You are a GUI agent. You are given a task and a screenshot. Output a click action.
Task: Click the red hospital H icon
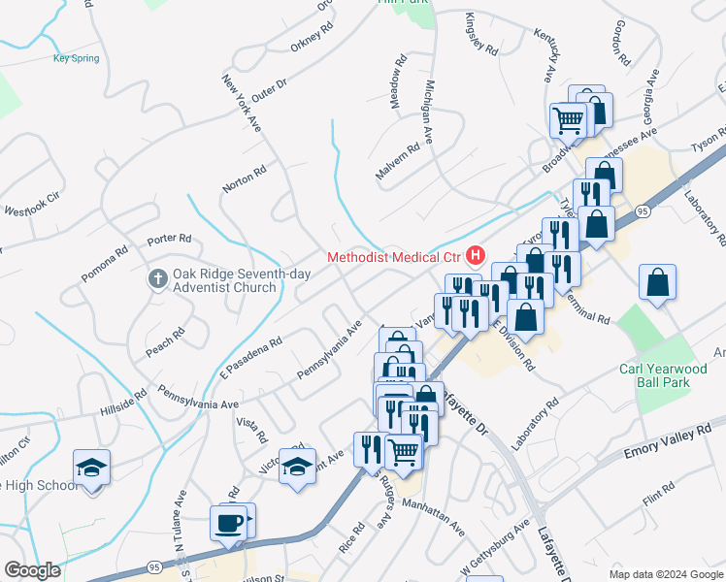click(476, 256)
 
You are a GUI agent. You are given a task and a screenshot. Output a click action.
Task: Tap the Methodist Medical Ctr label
click(394, 257)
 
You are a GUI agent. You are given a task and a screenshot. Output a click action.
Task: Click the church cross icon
click(158, 279)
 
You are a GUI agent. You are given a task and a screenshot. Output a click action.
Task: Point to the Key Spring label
click(76, 58)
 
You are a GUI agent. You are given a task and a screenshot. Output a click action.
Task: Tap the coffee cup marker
click(229, 523)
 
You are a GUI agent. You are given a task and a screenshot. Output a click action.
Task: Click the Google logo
click(32, 570)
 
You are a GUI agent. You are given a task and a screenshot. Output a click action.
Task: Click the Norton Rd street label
click(244, 178)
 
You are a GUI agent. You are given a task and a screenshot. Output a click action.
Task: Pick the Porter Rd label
click(169, 239)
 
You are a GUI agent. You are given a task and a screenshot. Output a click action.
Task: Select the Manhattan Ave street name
click(430, 517)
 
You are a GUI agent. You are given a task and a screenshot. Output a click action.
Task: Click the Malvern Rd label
click(398, 161)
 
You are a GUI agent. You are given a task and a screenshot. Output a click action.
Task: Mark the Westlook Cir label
click(32, 210)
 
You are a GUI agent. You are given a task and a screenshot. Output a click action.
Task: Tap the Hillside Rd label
click(122, 404)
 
